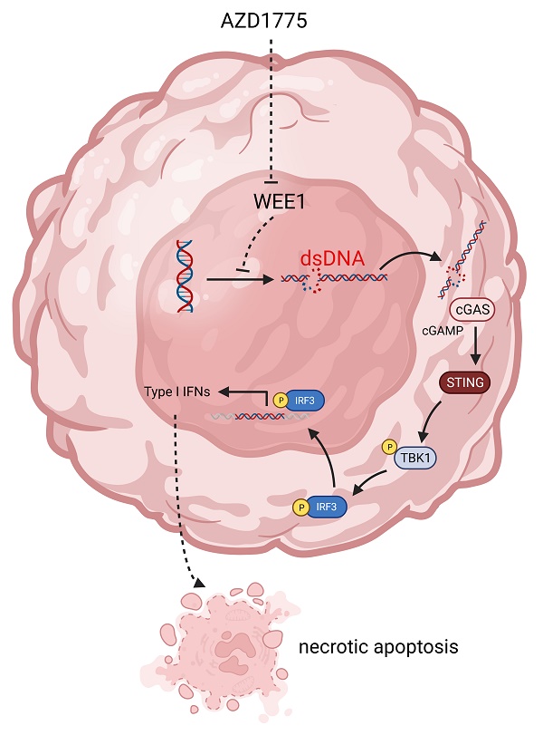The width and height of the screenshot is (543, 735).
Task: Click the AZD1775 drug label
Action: coord(271,19)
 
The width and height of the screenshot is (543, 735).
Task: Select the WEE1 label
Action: coord(271,201)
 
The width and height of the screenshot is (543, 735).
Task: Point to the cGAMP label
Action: coord(441,332)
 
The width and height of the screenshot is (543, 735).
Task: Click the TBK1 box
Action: coord(414,459)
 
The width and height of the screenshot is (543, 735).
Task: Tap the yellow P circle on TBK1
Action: coord(389,447)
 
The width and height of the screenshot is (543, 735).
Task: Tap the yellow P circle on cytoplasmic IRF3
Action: coord(299,508)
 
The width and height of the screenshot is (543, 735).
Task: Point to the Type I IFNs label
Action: coord(177,392)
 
